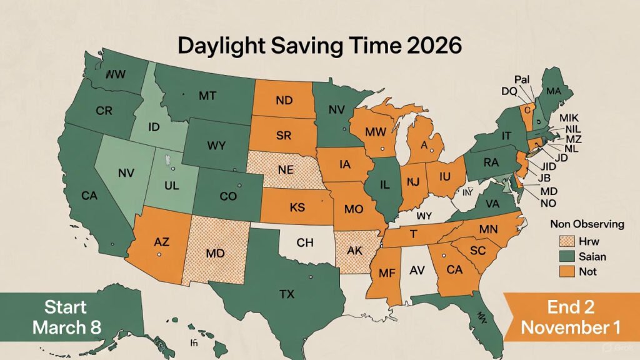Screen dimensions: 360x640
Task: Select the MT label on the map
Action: (x=207, y=96)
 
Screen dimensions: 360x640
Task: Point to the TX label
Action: (x=287, y=294)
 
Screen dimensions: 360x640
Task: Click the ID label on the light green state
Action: (x=155, y=127)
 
